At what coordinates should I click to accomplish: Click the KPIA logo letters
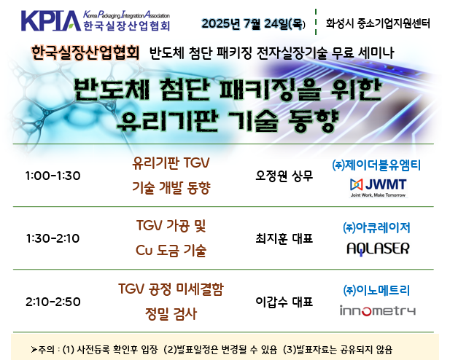coord(51,20)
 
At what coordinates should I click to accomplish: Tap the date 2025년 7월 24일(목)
coord(253,23)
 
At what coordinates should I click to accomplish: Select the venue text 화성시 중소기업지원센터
coord(378,23)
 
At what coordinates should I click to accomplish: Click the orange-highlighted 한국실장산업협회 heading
coord(85,52)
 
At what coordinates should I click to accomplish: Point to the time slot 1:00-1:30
coord(53,176)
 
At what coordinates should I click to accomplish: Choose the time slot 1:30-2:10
coord(53,238)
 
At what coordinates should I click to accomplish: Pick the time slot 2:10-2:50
coord(53,302)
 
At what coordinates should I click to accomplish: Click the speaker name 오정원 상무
coord(284,176)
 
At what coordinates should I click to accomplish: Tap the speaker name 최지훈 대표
coord(284,238)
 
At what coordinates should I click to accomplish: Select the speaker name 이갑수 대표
coord(284,302)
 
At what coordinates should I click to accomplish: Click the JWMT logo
coord(379,188)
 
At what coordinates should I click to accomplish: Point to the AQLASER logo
coord(378,249)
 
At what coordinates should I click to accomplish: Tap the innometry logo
coord(378,310)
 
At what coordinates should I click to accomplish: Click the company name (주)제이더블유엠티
coord(376,165)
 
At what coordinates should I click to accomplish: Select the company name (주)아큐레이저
coord(376,228)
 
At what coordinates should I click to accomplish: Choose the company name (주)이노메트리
coord(376,290)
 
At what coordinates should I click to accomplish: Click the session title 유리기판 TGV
coord(171,163)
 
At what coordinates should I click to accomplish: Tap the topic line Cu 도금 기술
coord(171,251)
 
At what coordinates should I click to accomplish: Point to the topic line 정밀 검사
coord(171,313)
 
